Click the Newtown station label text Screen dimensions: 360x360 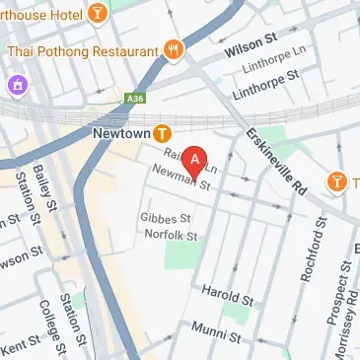[x=121, y=131]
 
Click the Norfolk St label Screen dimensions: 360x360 [x=169, y=236]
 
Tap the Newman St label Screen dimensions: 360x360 [x=182, y=178]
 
